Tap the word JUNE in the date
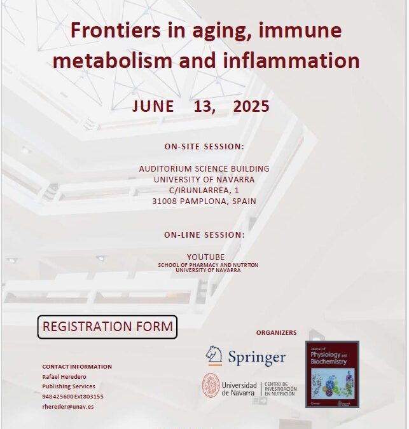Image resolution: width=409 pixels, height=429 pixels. (153, 107)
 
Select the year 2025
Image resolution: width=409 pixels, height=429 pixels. (251, 107)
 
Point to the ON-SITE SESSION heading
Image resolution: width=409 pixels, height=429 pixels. (204, 146)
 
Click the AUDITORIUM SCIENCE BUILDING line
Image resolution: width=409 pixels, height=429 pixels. (204, 168)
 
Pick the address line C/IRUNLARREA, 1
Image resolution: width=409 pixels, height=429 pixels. (204, 190)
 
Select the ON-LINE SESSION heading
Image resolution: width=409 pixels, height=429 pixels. (204, 235)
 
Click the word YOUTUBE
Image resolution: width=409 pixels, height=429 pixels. (204, 257)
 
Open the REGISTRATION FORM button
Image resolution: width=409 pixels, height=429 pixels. (107, 327)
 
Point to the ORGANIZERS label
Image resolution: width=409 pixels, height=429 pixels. (276, 332)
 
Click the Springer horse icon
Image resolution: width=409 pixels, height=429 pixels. (214, 356)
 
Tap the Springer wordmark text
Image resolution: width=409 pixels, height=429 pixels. (257, 358)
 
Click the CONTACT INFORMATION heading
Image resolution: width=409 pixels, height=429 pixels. (77, 367)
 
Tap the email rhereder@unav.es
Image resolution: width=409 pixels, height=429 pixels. (68, 406)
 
